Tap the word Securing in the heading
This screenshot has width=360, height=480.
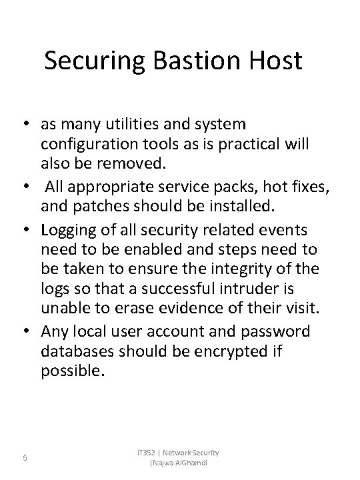[x=93, y=62]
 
